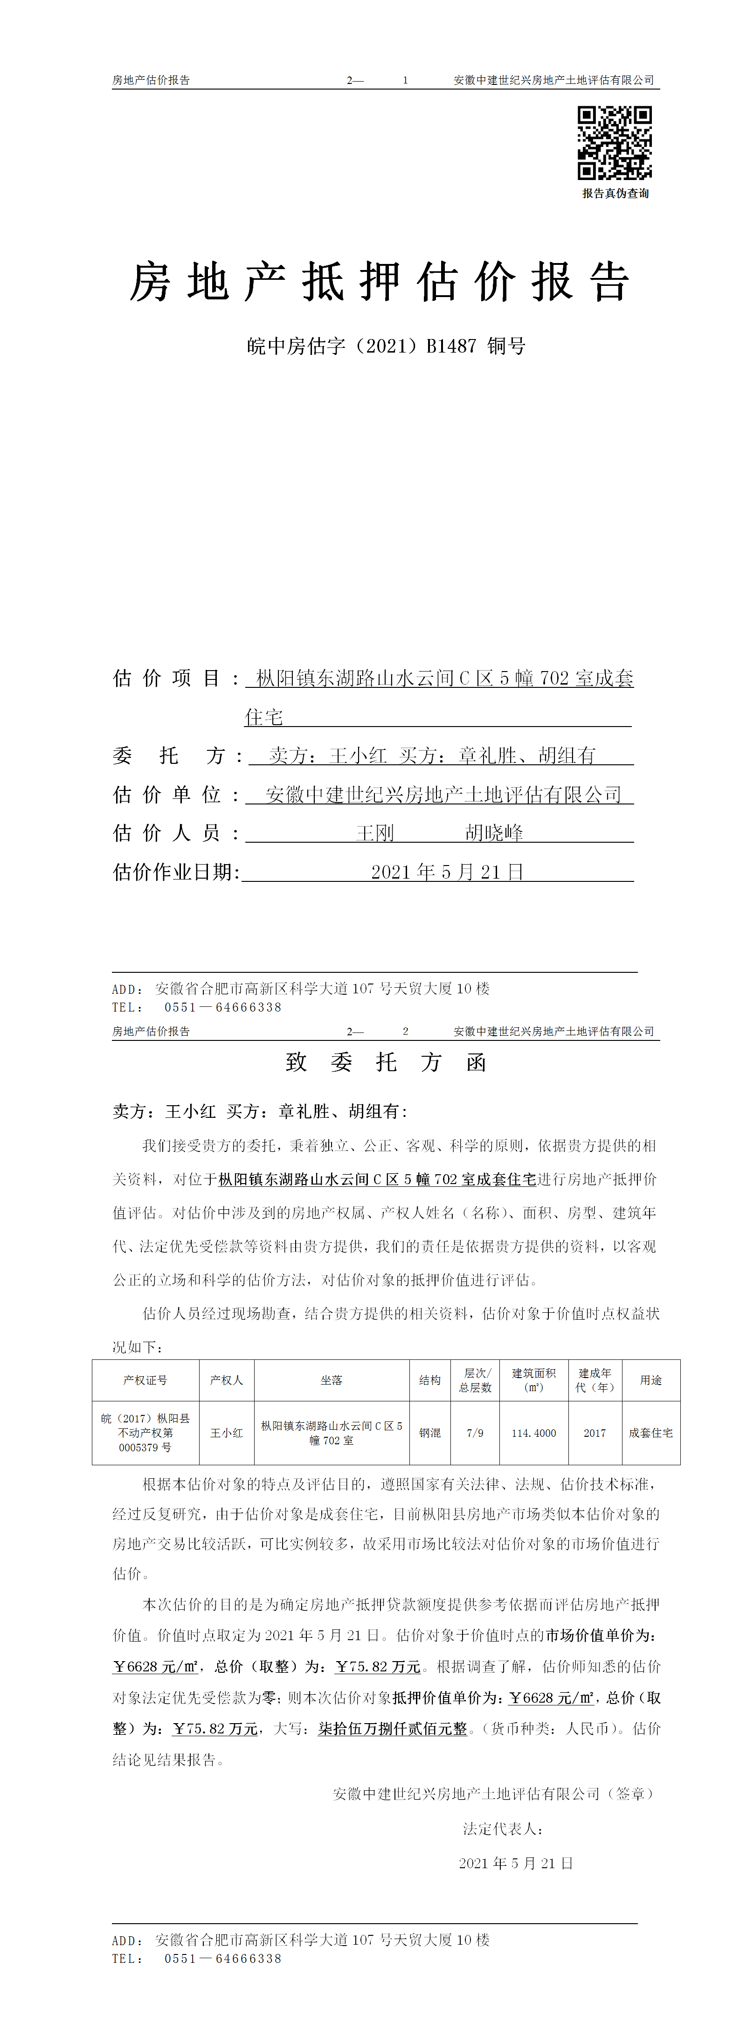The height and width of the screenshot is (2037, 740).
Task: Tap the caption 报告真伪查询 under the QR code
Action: [615, 194]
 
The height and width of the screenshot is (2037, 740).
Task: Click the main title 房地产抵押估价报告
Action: [380, 282]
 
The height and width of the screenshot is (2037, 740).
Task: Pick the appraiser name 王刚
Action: [375, 833]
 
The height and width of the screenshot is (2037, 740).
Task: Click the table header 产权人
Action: [226, 1380]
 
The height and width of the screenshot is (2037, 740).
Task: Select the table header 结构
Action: [429, 1380]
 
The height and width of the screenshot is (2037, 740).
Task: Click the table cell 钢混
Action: [429, 1433]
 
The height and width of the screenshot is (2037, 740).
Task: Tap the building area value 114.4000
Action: [533, 1433]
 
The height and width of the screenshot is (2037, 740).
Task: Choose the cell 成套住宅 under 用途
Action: [650, 1433]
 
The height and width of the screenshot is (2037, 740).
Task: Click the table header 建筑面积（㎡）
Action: [533, 1380]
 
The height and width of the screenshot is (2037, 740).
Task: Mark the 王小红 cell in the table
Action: [226, 1433]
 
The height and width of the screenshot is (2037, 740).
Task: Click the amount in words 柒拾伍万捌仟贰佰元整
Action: [393, 1729]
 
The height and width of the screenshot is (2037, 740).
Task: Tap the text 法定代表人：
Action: [503, 1829]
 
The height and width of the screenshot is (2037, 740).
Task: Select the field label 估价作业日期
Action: [175, 872]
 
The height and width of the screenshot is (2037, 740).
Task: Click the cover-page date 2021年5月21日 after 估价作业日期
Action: [448, 872]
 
